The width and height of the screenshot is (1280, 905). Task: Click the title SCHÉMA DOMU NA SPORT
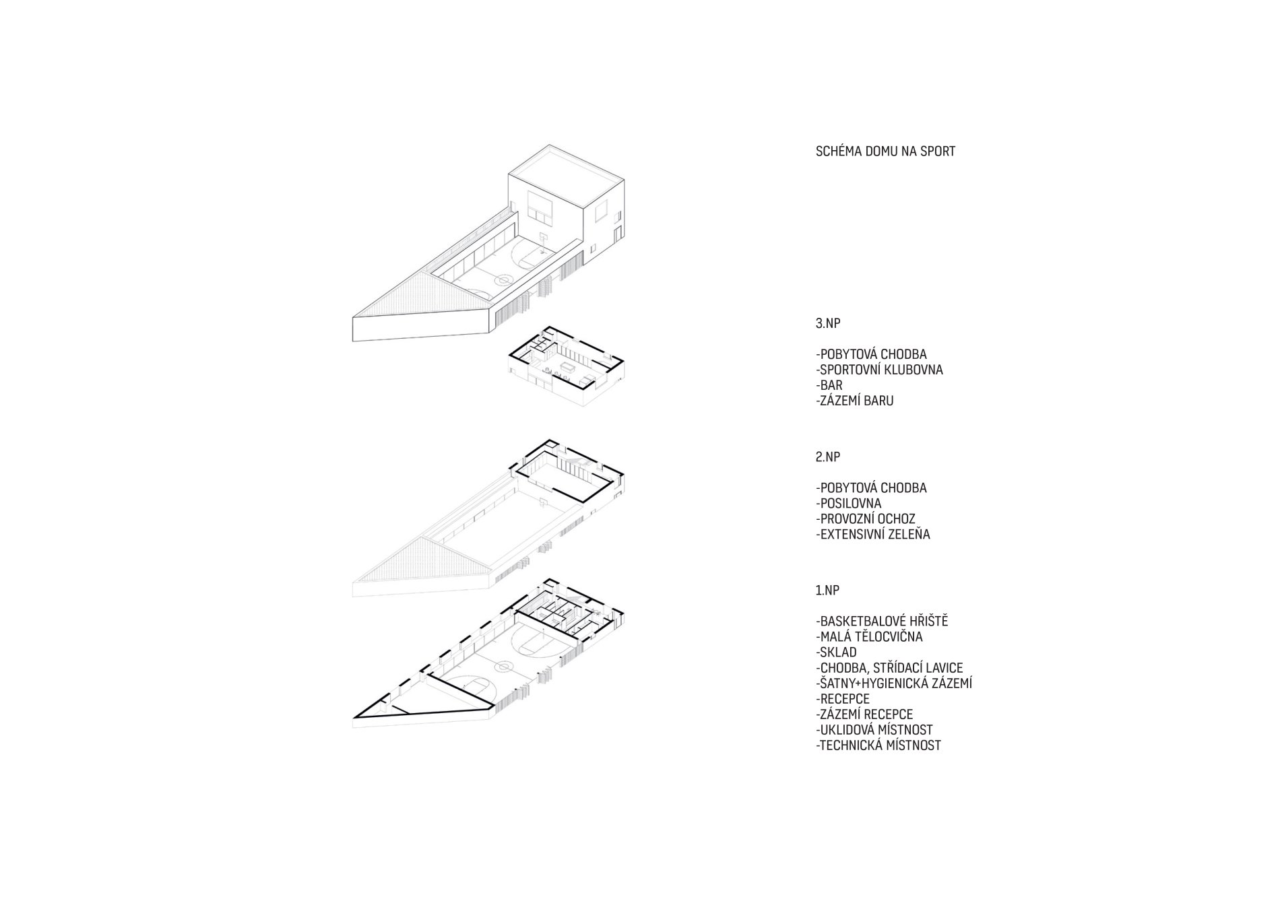click(885, 152)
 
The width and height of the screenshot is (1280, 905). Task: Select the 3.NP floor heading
click(828, 323)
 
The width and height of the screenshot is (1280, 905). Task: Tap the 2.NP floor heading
click(828, 457)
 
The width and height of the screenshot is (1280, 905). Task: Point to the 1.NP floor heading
click(828, 591)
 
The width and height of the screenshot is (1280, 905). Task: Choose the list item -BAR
click(829, 386)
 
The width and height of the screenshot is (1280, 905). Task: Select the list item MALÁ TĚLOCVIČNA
click(869, 637)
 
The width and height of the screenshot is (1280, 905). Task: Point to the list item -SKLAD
click(836, 652)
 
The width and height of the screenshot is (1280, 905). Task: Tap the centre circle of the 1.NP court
click(502, 666)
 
